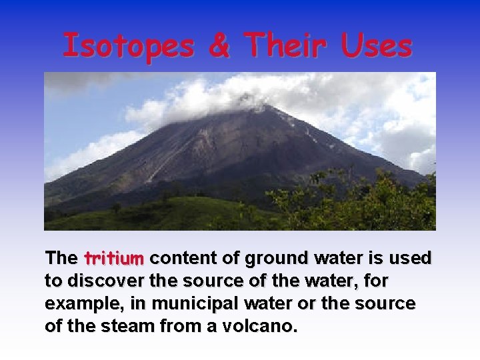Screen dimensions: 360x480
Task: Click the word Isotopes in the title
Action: [x=127, y=46]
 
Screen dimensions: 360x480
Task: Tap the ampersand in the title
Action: [x=219, y=46]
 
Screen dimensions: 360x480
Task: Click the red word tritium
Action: [x=114, y=258]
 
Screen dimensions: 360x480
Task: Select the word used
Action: [x=413, y=258]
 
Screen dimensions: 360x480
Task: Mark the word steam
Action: [x=129, y=327]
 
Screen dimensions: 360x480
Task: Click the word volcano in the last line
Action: [x=261, y=327]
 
